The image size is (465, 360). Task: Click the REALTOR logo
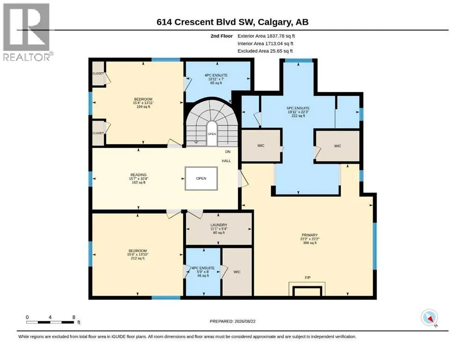[x=27, y=32]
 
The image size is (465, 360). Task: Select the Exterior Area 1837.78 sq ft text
[x=266, y=36]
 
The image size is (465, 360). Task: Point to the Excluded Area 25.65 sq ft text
[x=265, y=51]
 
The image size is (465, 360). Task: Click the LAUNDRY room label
[x=219, y=225]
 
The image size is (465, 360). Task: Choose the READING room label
[x=139, y=175]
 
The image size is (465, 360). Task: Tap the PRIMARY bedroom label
[x=310, y=235]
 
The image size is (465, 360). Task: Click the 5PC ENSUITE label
[x=298, y=108]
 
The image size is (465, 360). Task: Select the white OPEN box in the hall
[x=201, y=179]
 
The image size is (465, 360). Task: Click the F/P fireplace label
[x=308, y=277]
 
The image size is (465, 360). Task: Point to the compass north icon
[x=429, y=318]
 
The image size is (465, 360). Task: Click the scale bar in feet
[x=50, y=322]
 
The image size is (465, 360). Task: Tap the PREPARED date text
[x=232, y=321]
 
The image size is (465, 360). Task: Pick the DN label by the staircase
[x=228, y=152]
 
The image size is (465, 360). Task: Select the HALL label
[x=226, y=161]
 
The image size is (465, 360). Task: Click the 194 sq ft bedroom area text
[x=143, y=107]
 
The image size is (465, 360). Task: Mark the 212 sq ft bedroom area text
[x=138, y=258]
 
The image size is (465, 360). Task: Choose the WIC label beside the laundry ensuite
[x=237, y=272]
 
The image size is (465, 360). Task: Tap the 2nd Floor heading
[x=221, y=36]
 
